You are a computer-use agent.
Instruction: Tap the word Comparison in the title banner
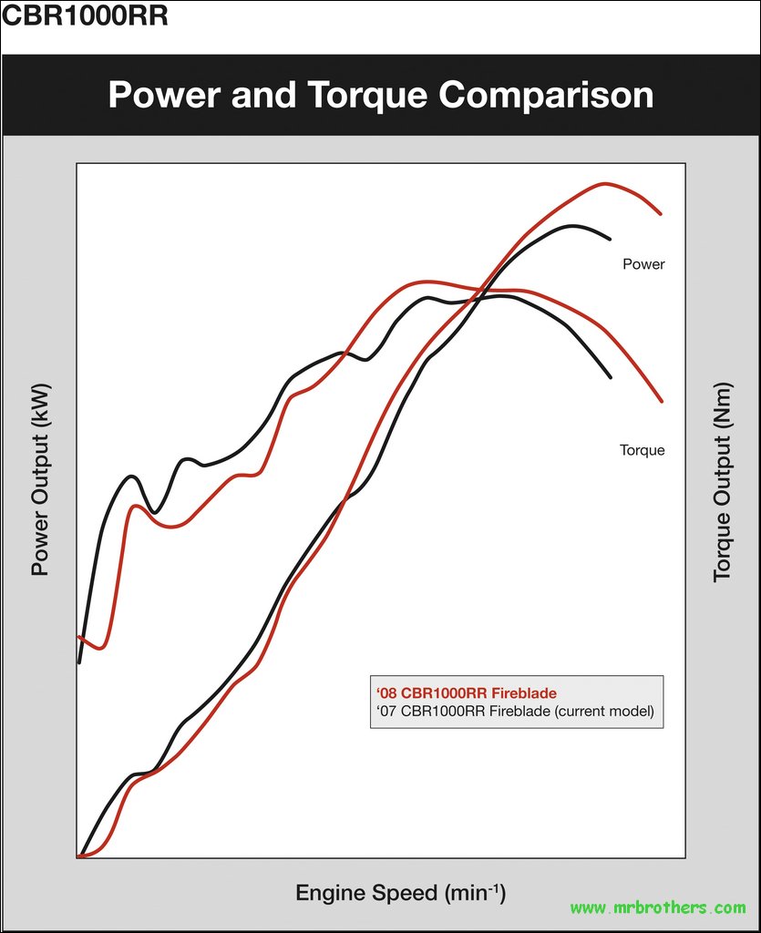pos(553,96)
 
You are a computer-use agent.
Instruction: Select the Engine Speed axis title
pos(400,892)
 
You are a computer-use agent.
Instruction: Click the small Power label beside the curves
pos(643,264)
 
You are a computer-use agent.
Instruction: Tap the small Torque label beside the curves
pos(642,450)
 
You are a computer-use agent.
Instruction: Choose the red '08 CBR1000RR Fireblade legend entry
pos(466,693)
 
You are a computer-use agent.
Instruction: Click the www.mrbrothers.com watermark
pos(658,907)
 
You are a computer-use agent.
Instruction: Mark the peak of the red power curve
pos(603,183)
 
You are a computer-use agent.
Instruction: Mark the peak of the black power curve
pos(572,225)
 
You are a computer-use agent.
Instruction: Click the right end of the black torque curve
pos(610,376)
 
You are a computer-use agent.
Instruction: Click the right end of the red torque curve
pos(661,401)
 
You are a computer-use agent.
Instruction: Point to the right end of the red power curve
pos(660,214)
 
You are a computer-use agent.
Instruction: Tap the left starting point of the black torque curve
pos(79,661)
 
